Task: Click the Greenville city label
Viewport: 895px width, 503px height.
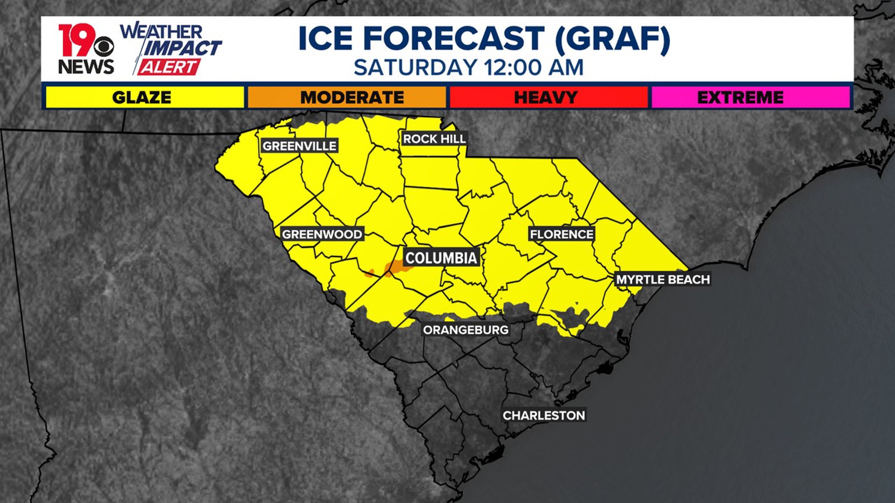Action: click(x=299, y=146)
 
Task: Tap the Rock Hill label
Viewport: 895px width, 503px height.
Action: click(x=434, y=138)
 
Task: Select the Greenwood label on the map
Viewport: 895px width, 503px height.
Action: click(x=322, y=234)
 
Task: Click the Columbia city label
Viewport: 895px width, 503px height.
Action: click(x=441, y=258)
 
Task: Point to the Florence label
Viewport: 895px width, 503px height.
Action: click(x=562, y=234)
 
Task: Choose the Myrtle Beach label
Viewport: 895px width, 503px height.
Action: click(x=663, y=279)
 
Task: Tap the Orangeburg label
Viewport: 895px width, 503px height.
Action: click(x=466, y=330)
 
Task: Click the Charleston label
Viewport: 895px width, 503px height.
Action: click(x=544, y=415)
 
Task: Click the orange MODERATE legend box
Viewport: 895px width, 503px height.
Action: click(x=347, y=97)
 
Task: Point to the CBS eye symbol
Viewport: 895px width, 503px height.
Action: click(x=103, y=46)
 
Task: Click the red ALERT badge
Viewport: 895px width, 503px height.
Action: click(x=169, y=68)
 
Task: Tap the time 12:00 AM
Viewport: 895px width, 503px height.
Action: click(x=534, y=68)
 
